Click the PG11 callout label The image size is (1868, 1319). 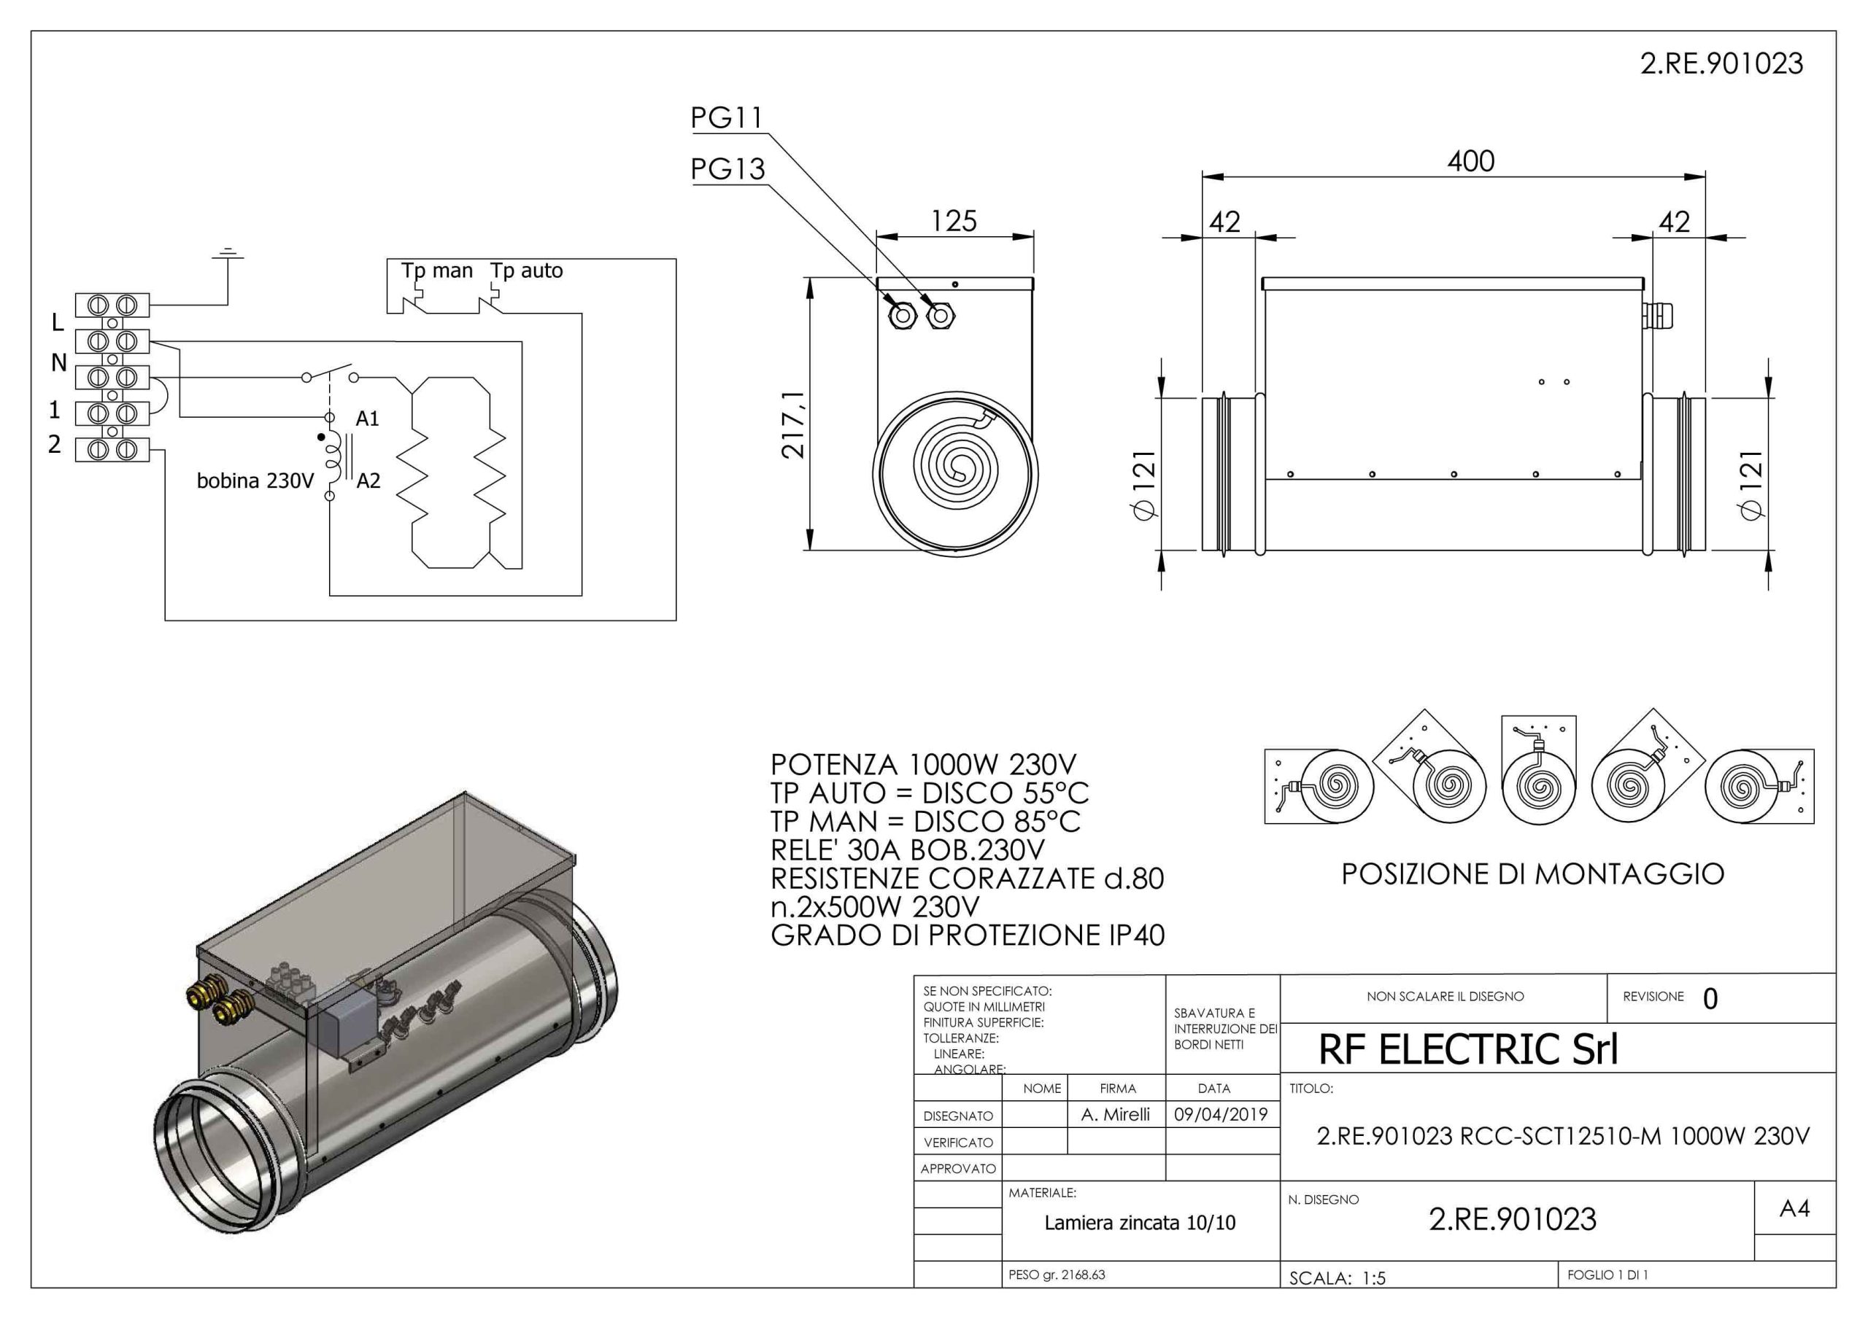tap(727, 118)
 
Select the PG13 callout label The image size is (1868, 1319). tap(728, 168)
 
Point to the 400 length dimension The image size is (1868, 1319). tap(1471, 161)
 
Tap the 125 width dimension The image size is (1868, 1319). tap(954, 220)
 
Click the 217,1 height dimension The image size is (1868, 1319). tap(793, 424)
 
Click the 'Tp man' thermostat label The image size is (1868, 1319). tap(437, 271)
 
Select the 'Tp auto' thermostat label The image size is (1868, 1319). tap(526, 271)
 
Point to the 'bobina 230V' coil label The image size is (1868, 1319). tap(255, 480)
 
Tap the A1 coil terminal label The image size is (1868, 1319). tap(368, 419)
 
